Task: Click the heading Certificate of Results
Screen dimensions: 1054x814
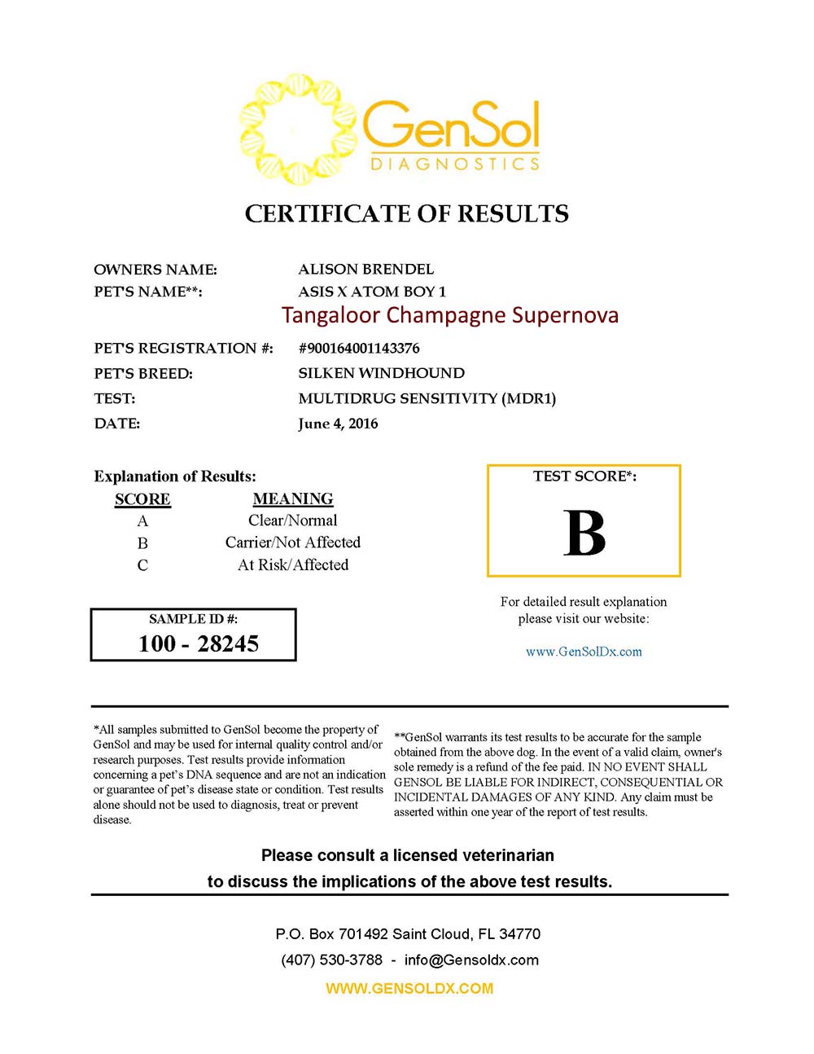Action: click(406, 213)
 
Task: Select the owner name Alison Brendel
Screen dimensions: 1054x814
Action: click(365, 269)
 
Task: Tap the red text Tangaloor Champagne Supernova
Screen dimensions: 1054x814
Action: click(449, 315)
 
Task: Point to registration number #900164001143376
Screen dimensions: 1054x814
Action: click(359, 349)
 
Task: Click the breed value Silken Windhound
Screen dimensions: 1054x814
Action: click(381, 373)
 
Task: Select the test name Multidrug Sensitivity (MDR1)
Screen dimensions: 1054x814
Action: click(427, 398)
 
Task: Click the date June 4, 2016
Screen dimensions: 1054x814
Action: click(338, 424)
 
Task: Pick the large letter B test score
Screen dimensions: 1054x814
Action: click(584, 534)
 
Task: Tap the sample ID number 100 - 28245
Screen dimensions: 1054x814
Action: click(199, 643)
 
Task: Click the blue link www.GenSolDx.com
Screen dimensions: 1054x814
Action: click(584, 652)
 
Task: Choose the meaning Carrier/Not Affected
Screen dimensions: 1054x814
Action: click(292, 542)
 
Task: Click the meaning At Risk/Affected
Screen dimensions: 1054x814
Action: click(292, 565)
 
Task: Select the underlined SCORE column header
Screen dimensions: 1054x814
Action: click(142, 499)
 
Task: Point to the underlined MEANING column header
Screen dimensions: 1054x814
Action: click(292, 498)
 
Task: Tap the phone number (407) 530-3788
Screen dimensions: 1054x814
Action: click(331, 960)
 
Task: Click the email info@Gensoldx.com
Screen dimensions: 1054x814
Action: click(471, 960)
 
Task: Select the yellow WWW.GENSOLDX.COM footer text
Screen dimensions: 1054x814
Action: click(409, 988)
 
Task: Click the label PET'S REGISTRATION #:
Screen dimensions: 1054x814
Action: click(183, 349)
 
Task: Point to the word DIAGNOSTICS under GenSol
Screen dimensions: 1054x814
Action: click(455, 164)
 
